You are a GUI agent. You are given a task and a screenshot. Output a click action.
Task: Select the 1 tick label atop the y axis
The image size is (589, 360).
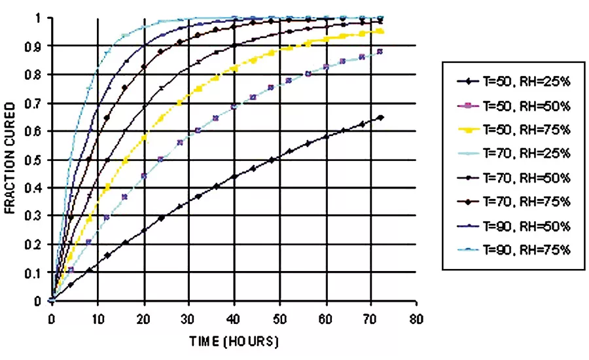[x=39, y=18]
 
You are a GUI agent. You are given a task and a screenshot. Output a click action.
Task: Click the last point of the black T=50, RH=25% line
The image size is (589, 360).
[x=381, y=117]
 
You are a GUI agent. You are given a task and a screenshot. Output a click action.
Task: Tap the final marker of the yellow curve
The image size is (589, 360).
[x=381, y=31]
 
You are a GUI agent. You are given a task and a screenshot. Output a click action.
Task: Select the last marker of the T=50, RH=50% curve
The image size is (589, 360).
[x=381, y=51]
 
